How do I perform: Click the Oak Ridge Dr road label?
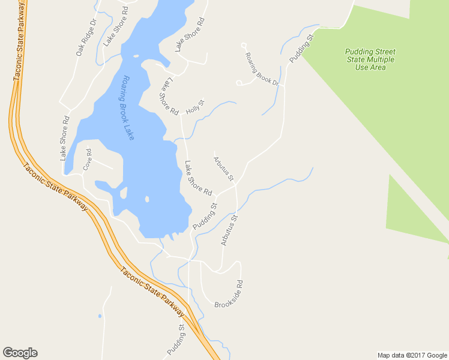tap(86, 38)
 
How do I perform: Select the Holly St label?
tap(195, 107)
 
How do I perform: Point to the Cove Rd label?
tap(88, 160)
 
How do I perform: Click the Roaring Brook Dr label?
tap(262, 68)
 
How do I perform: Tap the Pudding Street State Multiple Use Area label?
tap(370, 59)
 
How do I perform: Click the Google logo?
tap(20, 353)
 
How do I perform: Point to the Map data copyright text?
tap(412, 355)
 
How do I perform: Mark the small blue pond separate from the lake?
tap(100, 316)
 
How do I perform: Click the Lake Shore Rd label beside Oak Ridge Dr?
tap(115, 27)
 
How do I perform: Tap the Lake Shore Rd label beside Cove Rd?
tap(65, 138)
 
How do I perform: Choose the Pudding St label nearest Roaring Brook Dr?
tap(302, 49)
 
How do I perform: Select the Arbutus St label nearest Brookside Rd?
tap(229, 230)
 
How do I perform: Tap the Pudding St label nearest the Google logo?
tap(175, 339)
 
